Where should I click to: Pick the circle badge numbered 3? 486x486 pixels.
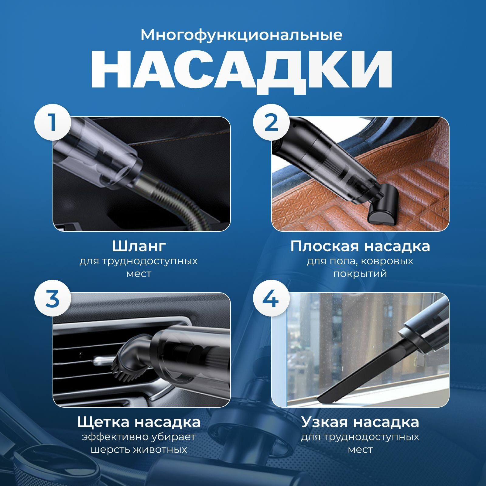53,298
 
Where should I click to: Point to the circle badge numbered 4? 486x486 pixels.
271,298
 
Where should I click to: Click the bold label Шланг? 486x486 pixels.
139,246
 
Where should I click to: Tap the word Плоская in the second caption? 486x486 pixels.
324,246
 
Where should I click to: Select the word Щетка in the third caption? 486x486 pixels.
104,423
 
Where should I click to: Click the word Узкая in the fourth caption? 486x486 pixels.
324,422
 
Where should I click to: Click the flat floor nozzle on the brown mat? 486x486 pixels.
381,206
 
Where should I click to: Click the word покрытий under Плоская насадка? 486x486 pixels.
360,274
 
